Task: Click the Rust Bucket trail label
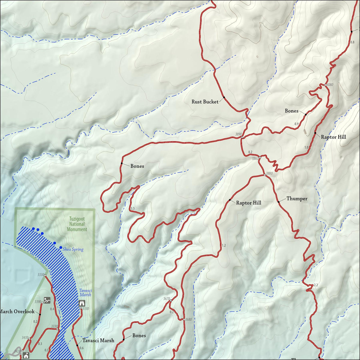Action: [205, 102]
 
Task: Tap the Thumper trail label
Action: [297, 199]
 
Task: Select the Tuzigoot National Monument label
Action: [77, 224]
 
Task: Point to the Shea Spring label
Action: [73, 249]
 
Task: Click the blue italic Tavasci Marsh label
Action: [85, 292]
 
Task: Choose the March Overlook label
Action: [17, 311]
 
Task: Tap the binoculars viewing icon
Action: [81, 303]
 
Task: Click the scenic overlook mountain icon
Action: [47, 300]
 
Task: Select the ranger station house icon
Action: [26, 355]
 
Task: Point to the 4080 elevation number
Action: [330, 85]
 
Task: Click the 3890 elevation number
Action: [238, 134]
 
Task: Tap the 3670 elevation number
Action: [166, 298]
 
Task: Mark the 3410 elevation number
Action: [25, 337]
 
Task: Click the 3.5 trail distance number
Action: [133, 208]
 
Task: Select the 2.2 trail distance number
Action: [315, 285]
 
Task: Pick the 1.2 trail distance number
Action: [223, 245]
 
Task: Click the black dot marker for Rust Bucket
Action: [224, 97]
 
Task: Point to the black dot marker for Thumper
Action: [278, 202]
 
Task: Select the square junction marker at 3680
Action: [184, 319]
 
